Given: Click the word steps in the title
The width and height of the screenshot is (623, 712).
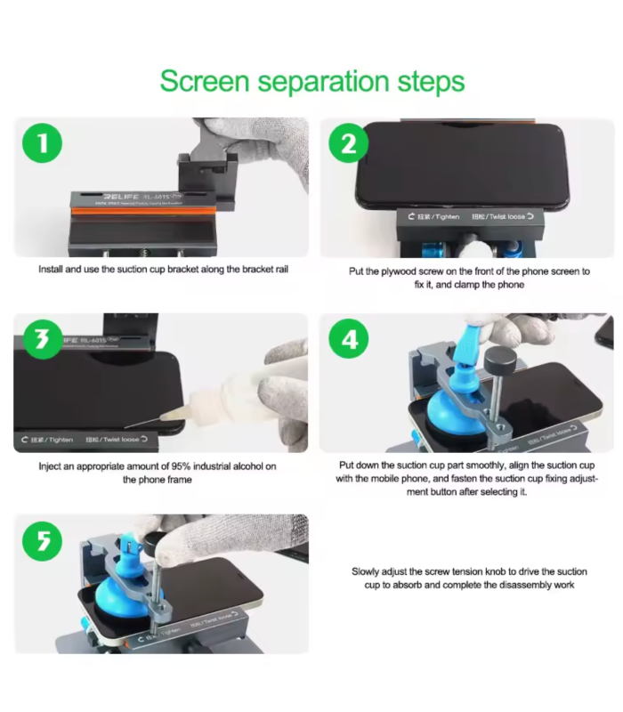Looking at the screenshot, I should tap(426, 81).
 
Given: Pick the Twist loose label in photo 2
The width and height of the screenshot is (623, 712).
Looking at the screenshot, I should tap(504, 216).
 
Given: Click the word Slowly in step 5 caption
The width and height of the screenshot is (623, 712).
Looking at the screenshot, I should tap(368, 571).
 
